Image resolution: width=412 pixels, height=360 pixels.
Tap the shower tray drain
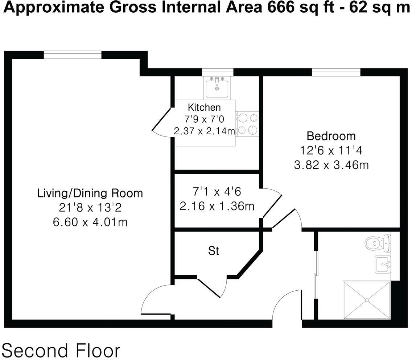(367, 300)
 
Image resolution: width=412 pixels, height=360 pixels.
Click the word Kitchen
(204, 107)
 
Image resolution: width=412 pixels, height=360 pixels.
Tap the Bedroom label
(331, 136)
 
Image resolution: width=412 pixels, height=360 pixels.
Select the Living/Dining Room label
(90, 193)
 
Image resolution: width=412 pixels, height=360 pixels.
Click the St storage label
(214, 251)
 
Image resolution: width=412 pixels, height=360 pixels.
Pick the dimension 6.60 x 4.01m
(90, 222)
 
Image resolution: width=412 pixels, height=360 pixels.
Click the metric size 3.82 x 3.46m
(331, 165)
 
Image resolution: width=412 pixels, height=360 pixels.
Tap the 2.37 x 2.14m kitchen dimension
(205, 131)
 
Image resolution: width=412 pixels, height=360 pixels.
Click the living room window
(73, 55)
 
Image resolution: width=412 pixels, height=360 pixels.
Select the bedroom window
(336, 72)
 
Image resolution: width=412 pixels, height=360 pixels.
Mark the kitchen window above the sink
(217, 72)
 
